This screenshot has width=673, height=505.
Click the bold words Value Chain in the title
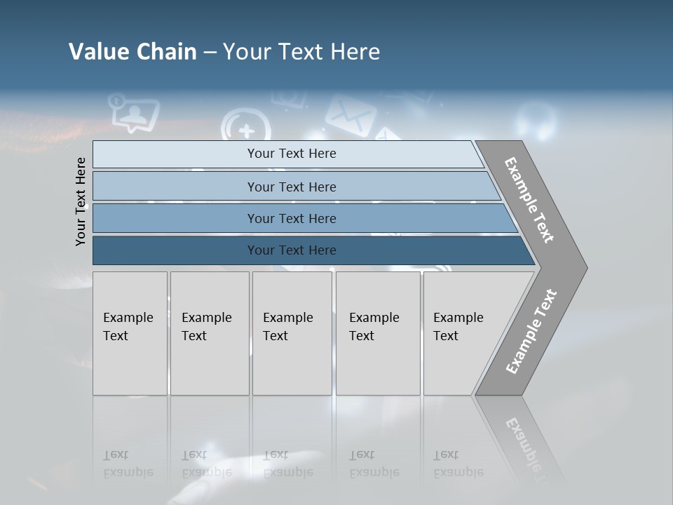(x=132, y=52)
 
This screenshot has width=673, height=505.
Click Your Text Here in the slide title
(x=301, y=52)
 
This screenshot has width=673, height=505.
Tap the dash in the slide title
(x=210, y=53)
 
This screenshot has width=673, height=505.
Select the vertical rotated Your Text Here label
(x=81, y=201)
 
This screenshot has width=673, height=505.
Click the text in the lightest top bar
(x=292, y=154)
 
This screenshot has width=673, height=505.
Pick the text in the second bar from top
(x=292, y=187)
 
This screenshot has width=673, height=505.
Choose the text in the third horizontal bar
(x=292, y=218)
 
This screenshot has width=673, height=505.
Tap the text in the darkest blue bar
(x=292, y=250)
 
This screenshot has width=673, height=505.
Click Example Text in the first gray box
(x=128, y=327)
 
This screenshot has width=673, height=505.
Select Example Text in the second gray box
(x=206, y=327)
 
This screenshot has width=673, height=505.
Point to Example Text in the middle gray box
(x=287, y=327)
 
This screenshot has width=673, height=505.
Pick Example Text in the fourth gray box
(x=374, y=327)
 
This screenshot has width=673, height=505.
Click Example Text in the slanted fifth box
(x=458, y=327)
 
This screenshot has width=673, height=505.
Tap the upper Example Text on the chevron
(x=529, y=200)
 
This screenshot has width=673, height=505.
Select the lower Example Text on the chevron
(x=531, y=331)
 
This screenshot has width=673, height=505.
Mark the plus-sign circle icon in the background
(x=246, y=130)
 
